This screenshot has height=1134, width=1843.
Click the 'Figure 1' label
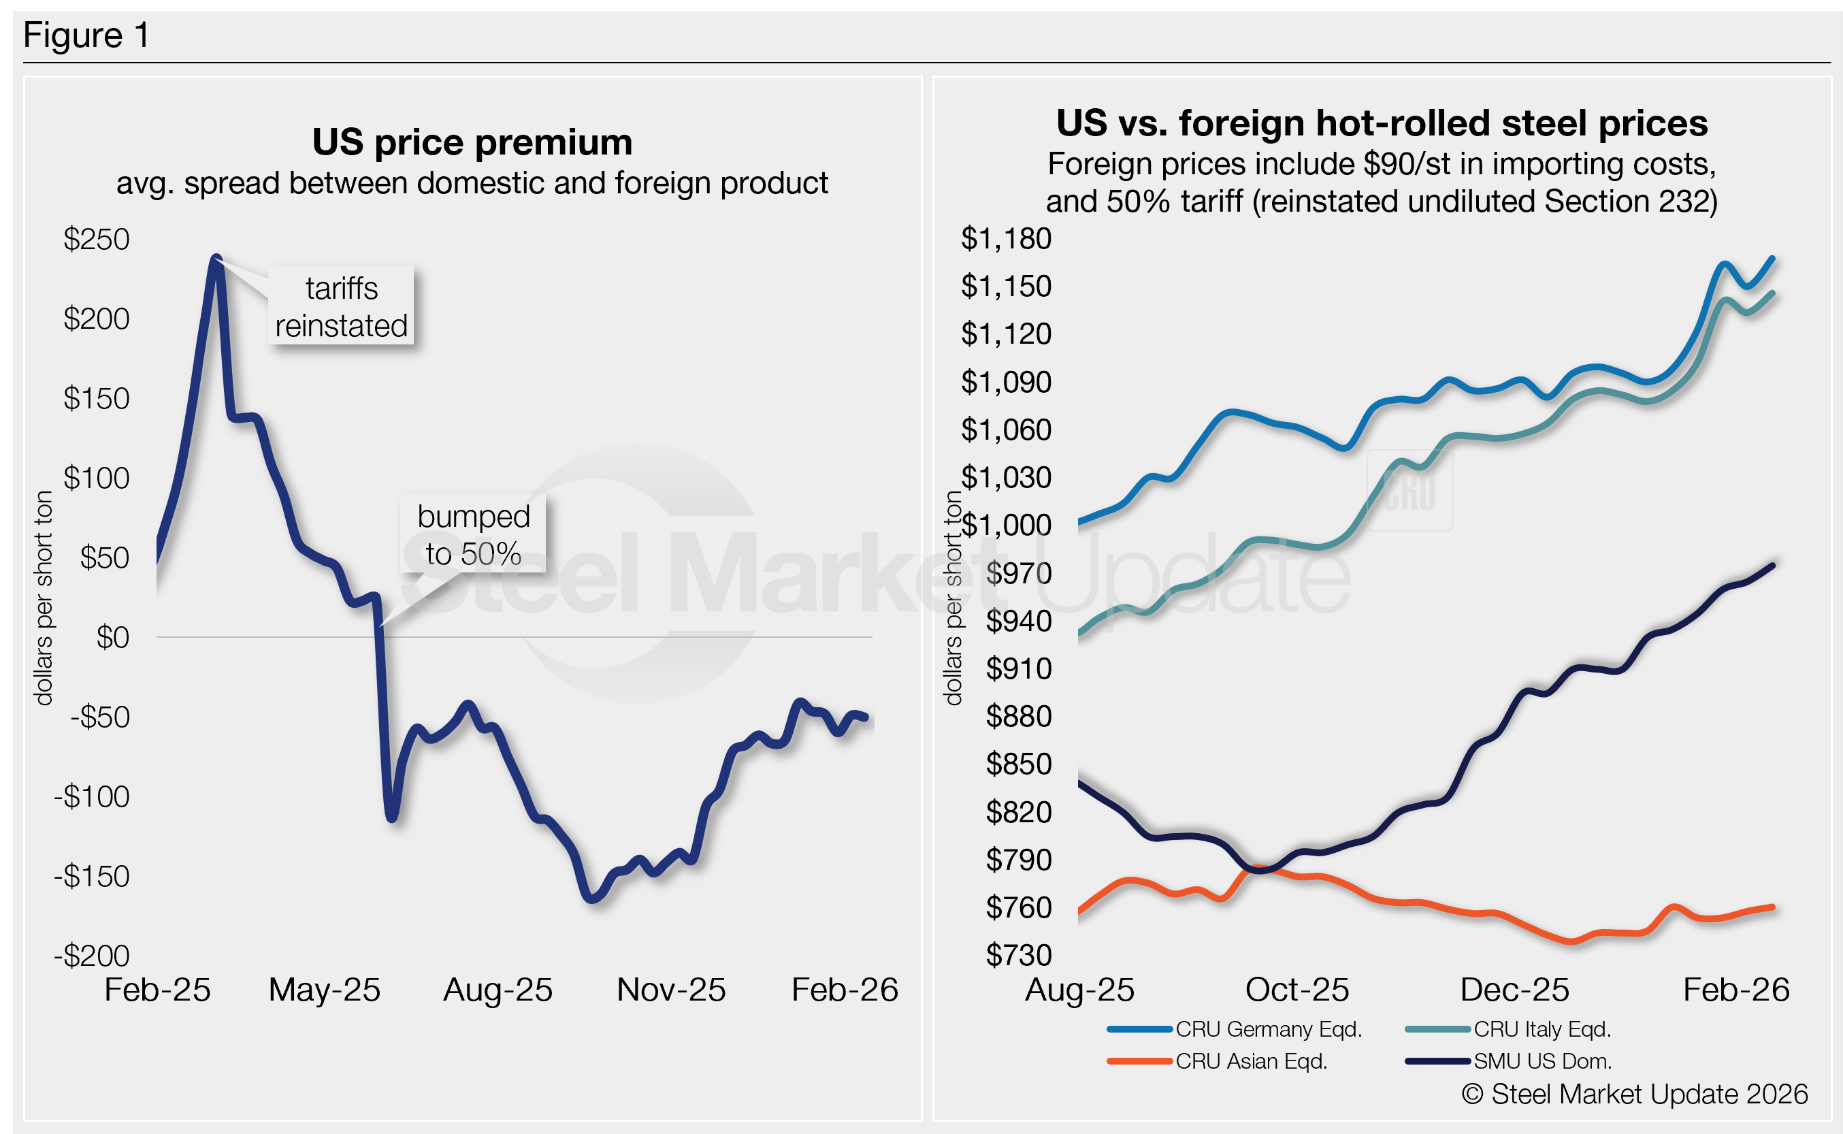click(x=86, y=35)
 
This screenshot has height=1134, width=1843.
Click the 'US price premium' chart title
click(x=472, y=142)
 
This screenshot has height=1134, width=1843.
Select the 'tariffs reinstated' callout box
click(x=341, y=307)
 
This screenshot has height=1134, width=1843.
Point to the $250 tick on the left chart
click(x=97, y=239)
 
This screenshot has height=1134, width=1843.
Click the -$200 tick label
click(x=91, y=956)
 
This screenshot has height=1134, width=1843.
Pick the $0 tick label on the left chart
click(x=112, y=638)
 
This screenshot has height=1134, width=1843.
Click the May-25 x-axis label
click(x=324, y=990)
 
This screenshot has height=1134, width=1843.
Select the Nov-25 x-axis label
click(x=670, y=990)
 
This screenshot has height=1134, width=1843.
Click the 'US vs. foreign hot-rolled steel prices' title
click(x=1381, y=123)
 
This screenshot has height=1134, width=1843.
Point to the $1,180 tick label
click(x=1005, y=238)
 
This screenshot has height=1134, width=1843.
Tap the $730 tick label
click(x=1018, y=955)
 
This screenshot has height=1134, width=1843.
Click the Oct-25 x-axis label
click(x=1296, y=990)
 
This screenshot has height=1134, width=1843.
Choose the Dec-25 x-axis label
click(x=1514, y=990)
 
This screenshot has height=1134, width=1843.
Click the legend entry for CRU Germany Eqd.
click(x=1268, y=1029)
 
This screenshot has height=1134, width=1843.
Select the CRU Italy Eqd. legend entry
click(x=1542, y=1029)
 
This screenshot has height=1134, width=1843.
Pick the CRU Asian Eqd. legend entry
click(x=1251, y=1061)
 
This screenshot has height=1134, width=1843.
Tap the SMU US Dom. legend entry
click(x=1542, y=1061)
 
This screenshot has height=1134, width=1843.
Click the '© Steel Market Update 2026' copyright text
click(x=1635, y=1095)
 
